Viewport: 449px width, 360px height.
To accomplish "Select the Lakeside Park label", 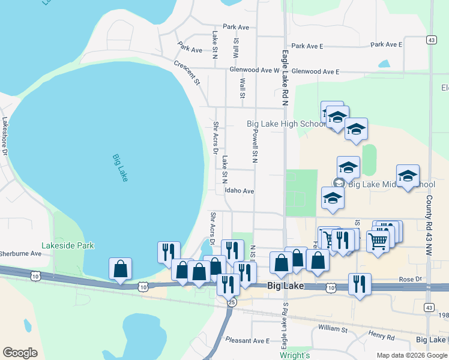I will [x=68, y=245].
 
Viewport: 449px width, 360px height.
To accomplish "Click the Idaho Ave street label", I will [x=240, y=191].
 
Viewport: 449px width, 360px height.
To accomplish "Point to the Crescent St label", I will [x=186, y=72].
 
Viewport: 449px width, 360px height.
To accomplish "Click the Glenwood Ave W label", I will [x=255, y=70].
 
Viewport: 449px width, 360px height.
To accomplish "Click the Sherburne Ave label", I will [x=21, y=254].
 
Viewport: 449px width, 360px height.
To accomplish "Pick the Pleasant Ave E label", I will [x=252, y=341].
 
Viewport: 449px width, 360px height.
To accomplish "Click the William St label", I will [x=333, y=329].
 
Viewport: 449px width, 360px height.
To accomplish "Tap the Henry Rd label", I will [x=382, y=338].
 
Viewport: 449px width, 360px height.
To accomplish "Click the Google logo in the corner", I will [x=20, y=353].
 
